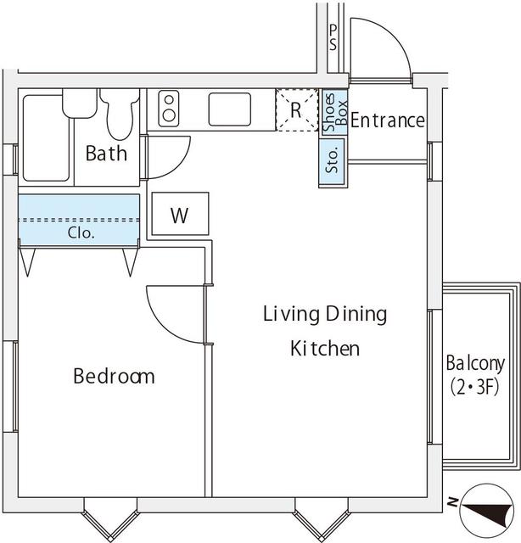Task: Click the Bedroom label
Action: [x=114, y=376]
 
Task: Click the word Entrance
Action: [x=387, y=120]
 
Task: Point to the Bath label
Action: [x=106, y=154]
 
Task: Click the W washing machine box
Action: [x=178, y=216]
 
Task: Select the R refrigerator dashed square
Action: [x=295, y=111]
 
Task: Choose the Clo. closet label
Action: [x=81, y=232]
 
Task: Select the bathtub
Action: [x=46, y=137]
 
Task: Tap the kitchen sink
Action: [x=229, y=109]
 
